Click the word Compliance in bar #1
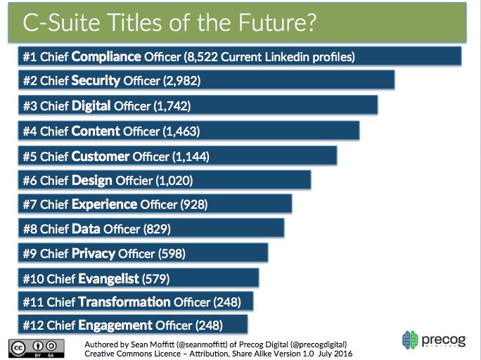(x=108, y=56)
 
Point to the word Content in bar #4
(x=96, y=131)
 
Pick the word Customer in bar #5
(x=101, y=156)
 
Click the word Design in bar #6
(x=92, y=180)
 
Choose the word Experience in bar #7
(x=104, y=205)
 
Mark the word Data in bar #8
(x=86, y=229)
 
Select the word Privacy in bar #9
(x=95, y=253)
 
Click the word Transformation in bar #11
(x=124, y=302)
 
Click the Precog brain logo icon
(x=411, y=340)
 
